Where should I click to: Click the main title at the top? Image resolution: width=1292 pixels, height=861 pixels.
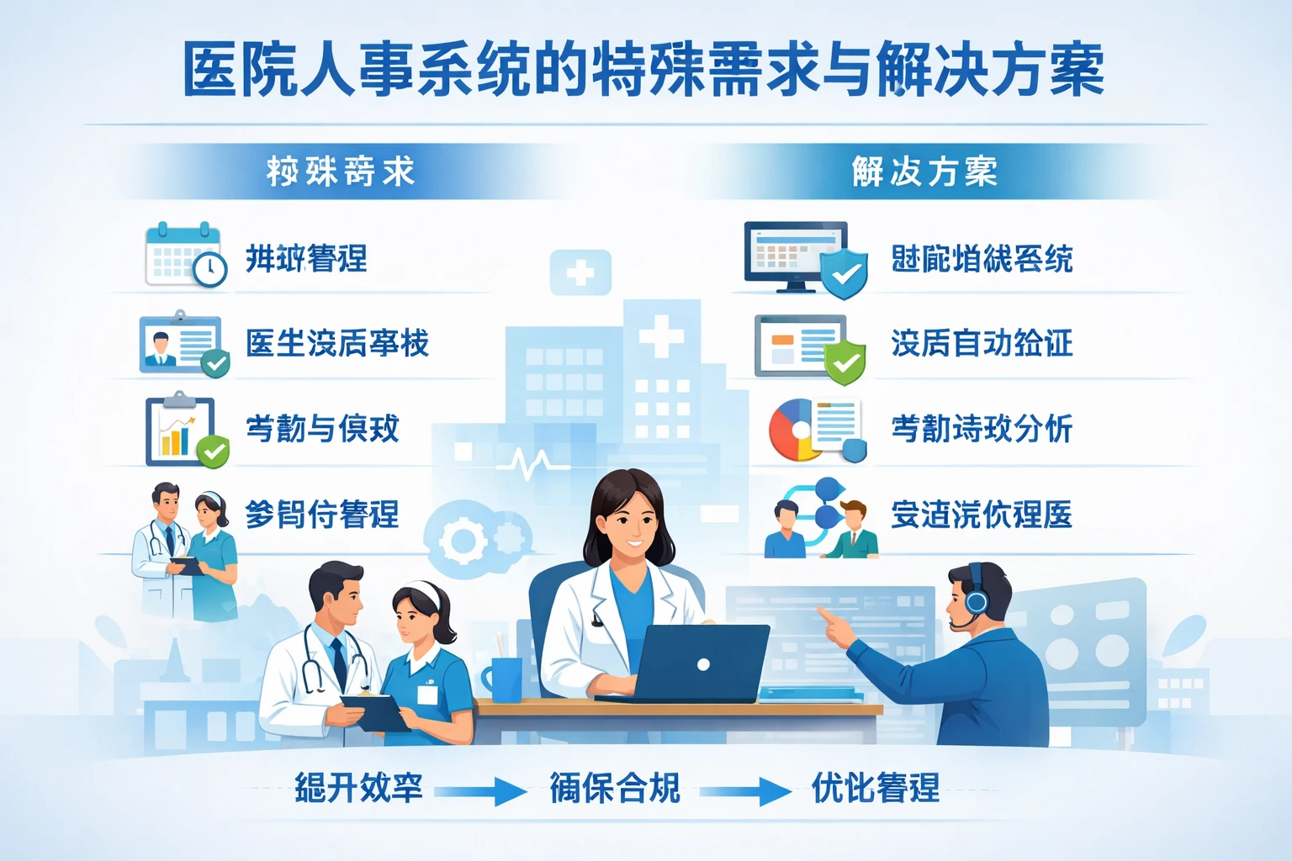[643, 70]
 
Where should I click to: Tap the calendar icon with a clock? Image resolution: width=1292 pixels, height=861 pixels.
[185, 256]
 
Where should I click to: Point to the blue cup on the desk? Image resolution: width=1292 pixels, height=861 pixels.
[506, 679]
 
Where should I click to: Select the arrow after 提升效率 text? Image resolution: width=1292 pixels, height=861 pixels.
[480, 791]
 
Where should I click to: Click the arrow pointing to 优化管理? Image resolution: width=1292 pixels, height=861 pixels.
[745, 791]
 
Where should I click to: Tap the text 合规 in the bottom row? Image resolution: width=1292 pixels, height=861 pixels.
[648, 789]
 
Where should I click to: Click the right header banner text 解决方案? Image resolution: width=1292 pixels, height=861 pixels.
[924, 172]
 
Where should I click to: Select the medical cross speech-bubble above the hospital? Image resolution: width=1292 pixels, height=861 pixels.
[580, 272]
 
